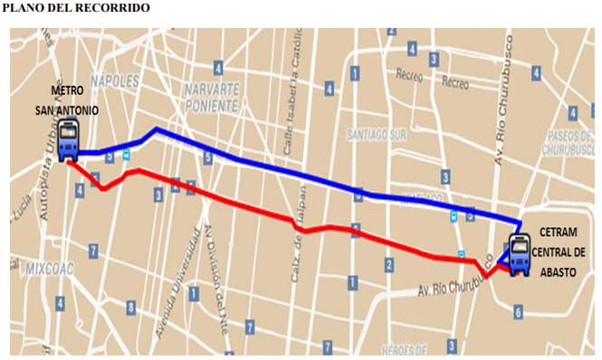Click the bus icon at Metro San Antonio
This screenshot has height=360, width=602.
69,141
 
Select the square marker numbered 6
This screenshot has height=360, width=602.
518,312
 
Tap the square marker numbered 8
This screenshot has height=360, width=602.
131,308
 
